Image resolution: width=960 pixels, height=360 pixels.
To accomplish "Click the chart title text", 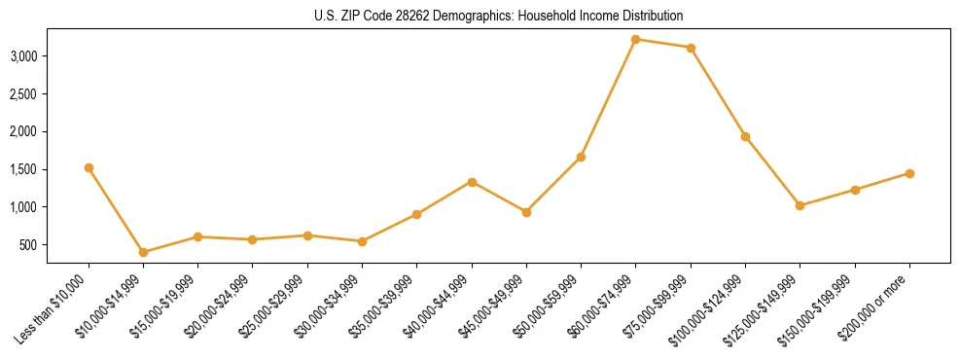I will pyautogui.click(x=480, y=16).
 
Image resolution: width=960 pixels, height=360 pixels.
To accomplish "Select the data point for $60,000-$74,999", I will pyautogui.click(x=636, y=39).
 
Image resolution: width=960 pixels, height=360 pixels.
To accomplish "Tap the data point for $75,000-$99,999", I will pyautogui.click(x=691, y=48).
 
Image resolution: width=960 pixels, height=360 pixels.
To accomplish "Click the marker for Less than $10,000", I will pyautogui.click(x=89, y=167).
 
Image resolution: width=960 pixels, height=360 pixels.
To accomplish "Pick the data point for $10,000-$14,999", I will pyautogui.click(x=144, y=252).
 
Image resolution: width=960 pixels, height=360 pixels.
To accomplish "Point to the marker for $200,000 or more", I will pyautogui.click(x=909, y=173).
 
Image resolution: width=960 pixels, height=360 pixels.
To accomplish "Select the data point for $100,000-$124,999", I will pyautogui.click(x=745, y=136).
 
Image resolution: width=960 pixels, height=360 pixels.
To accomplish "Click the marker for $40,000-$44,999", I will pyautogui.click(x=472, y=182).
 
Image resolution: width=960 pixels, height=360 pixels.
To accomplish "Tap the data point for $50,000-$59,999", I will pyautogui.click(x=581, y=157).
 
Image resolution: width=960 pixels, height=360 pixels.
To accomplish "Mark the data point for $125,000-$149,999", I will pyautogui.click(x=800, y=205).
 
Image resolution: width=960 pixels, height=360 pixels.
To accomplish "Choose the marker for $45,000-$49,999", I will pyautogui.click(x=526, y=212).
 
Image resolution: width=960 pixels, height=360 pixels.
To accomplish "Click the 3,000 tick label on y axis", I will pyautogui.click(x=51, y=56).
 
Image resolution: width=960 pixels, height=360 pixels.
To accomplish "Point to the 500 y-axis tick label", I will pyautogui.click(x=56, y=245).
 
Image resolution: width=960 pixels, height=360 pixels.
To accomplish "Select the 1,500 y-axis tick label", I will pyautogui.click(x=51, y=169).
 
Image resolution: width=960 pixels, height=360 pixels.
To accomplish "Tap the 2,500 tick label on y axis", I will pyautogui.click(x=51, y=94).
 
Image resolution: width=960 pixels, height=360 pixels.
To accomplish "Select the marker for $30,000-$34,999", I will pyautogui.click(x=362, y=241).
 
